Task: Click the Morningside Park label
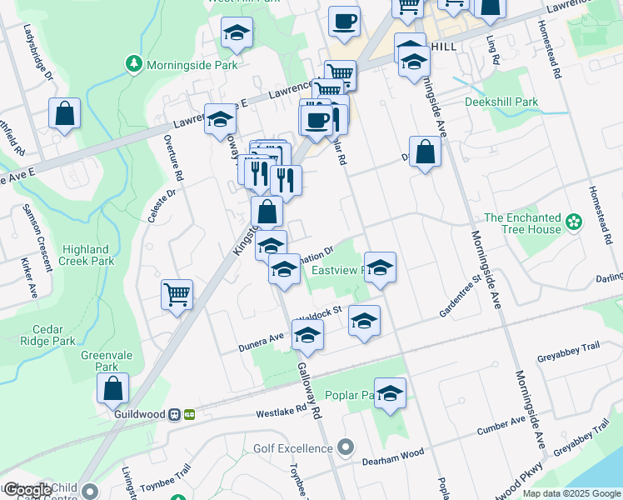(x=192, y=65)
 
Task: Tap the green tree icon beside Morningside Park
(x=133, y=63)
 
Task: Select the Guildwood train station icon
(x=175, y=414)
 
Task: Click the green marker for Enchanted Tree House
(x=573, y=222)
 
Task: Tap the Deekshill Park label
(x=501, y=102)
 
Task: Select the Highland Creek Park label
(x=86, y=255)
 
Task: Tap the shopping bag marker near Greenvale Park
(x=112, y=388)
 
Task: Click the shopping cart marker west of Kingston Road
(x=177, y=294)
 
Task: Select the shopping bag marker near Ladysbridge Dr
(x=64, y=113)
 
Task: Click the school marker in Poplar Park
(x=389, y=393)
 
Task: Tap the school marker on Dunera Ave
(x=307, y=336)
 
